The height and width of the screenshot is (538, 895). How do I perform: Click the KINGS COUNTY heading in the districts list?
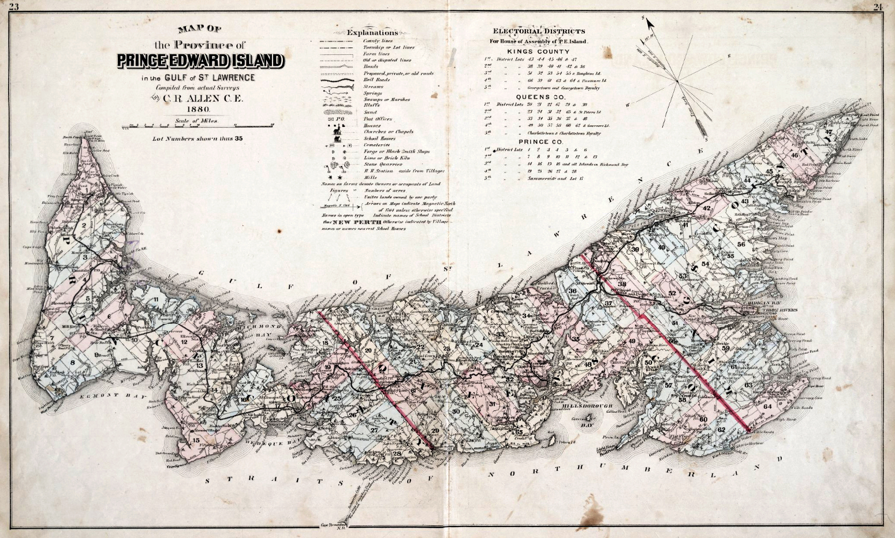tap(538, 51)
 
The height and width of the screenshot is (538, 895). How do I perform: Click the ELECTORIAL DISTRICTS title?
tap(538, 31)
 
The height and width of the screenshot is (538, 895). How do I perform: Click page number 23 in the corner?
tap(10, 6)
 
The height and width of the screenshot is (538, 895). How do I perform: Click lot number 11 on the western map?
tap(156, 298)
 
